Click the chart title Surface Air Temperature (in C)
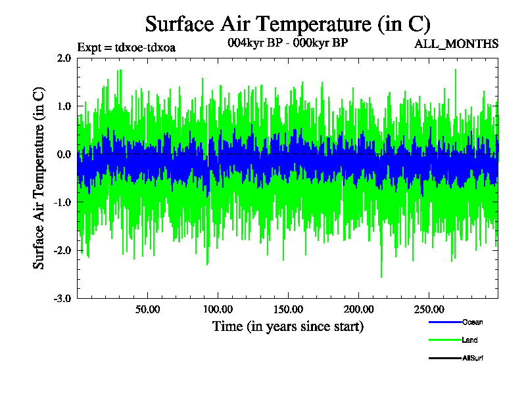coord(287,24)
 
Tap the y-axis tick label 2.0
coord(64,58)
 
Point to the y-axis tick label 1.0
coord(64,106)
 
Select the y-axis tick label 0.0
coord(64,154)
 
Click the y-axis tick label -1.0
coord(62,203)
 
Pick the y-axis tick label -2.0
coord(62,251)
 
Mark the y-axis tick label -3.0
coord(62,299)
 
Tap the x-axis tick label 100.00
coord(218,309)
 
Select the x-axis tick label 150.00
coord(287,309)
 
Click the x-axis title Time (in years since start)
coord(287,326)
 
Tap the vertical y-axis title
coord(39,178)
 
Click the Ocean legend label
coord(473,322)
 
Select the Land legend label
coord(469,340)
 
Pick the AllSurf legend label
coord(473,358)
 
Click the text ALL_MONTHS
coord(456,44)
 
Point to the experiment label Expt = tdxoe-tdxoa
coord(126,47)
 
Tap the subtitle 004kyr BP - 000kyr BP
coord(287,43)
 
